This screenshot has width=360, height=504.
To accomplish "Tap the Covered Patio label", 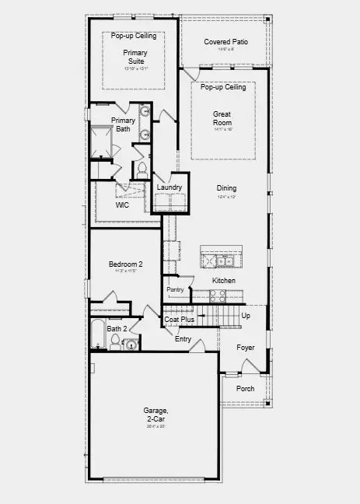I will click(225, 41).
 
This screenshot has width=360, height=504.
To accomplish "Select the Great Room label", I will click(222, 118).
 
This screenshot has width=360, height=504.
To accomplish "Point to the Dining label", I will click(226, 188).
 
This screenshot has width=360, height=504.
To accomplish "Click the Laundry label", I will click(169, 187).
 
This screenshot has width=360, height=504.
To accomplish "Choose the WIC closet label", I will click(122, 205).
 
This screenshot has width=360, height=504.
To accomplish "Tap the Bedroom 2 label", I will click(125, 264).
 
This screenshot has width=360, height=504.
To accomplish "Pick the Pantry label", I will click(175, 289).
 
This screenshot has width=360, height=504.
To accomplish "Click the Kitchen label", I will click(224, 280).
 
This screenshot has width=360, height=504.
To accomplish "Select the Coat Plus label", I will click(179, 319).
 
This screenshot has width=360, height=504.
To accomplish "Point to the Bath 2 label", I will click(116, 328).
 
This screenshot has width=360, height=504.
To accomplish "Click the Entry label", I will click(183, 338).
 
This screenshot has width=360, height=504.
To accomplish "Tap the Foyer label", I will click(246, 347).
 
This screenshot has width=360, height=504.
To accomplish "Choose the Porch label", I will click(245, 388).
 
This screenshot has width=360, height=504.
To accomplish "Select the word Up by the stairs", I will click(246, 316).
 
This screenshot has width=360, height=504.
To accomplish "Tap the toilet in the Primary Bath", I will click(142, 168).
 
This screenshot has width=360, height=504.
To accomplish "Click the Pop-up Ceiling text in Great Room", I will click(223, 87).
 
